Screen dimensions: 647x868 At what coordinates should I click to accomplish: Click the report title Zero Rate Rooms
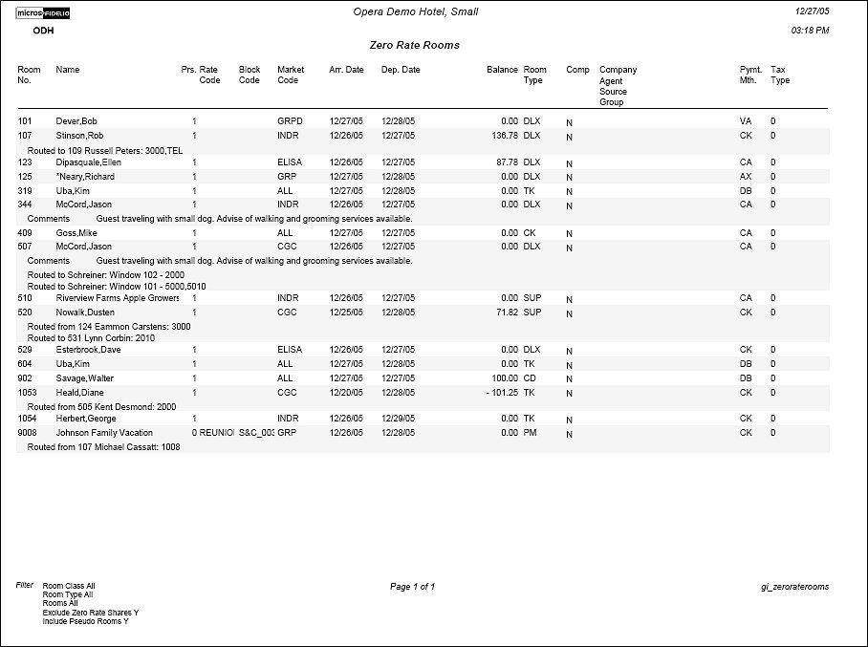click(x=414, y=45)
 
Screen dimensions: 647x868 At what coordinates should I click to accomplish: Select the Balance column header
click(x=502, y=70)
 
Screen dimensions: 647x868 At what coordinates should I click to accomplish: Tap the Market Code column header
click(x=291, y=75)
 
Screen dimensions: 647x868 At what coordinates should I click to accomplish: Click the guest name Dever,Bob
click(x=76, y=122)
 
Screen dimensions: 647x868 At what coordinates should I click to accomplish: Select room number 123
click(x=25, y=162)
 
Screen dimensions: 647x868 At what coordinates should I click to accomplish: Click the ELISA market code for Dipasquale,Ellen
click(x=289, y=162)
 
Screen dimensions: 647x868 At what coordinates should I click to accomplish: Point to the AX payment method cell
click(x=746, y=177)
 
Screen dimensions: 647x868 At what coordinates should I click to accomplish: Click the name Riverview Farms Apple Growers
click(x=118, y=298)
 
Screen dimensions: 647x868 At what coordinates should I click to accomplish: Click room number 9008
click(x=28, y=433)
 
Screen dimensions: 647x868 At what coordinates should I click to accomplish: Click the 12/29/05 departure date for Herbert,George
click(x=401, y=419)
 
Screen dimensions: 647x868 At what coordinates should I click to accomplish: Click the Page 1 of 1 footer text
click(x=413, y=587)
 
